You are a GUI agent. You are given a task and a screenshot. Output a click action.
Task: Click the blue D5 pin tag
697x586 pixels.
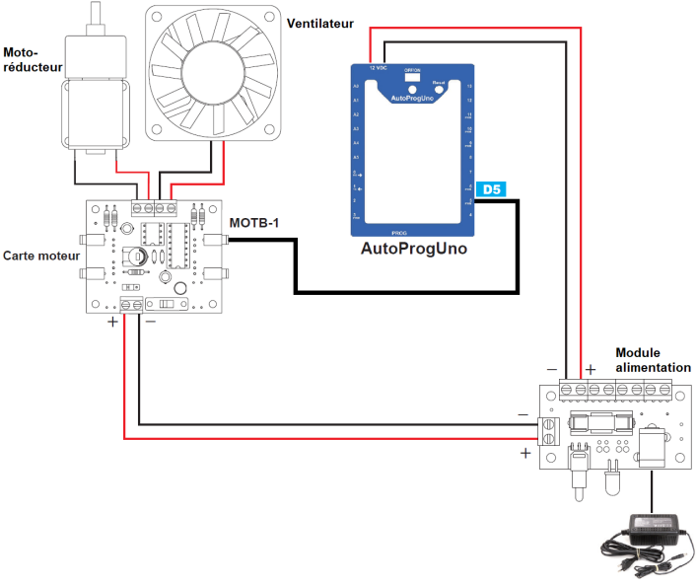(490, 188)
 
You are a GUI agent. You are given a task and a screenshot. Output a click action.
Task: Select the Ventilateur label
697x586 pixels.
(319, 23)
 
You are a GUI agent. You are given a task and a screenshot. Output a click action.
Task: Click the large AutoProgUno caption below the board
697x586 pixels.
(414, 249)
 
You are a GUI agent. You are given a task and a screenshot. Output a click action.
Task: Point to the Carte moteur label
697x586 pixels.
(41, 255)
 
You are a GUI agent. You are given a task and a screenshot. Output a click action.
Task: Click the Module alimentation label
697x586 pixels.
(653, 360)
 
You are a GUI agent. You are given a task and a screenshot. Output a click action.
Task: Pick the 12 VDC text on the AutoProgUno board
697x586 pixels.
(378, 69)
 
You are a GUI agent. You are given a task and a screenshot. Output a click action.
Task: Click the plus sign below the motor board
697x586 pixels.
(112, 322)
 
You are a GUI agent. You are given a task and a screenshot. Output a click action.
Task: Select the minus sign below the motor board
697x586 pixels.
(150, 322)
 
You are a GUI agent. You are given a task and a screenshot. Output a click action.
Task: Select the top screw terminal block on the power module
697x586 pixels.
(616, 389)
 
